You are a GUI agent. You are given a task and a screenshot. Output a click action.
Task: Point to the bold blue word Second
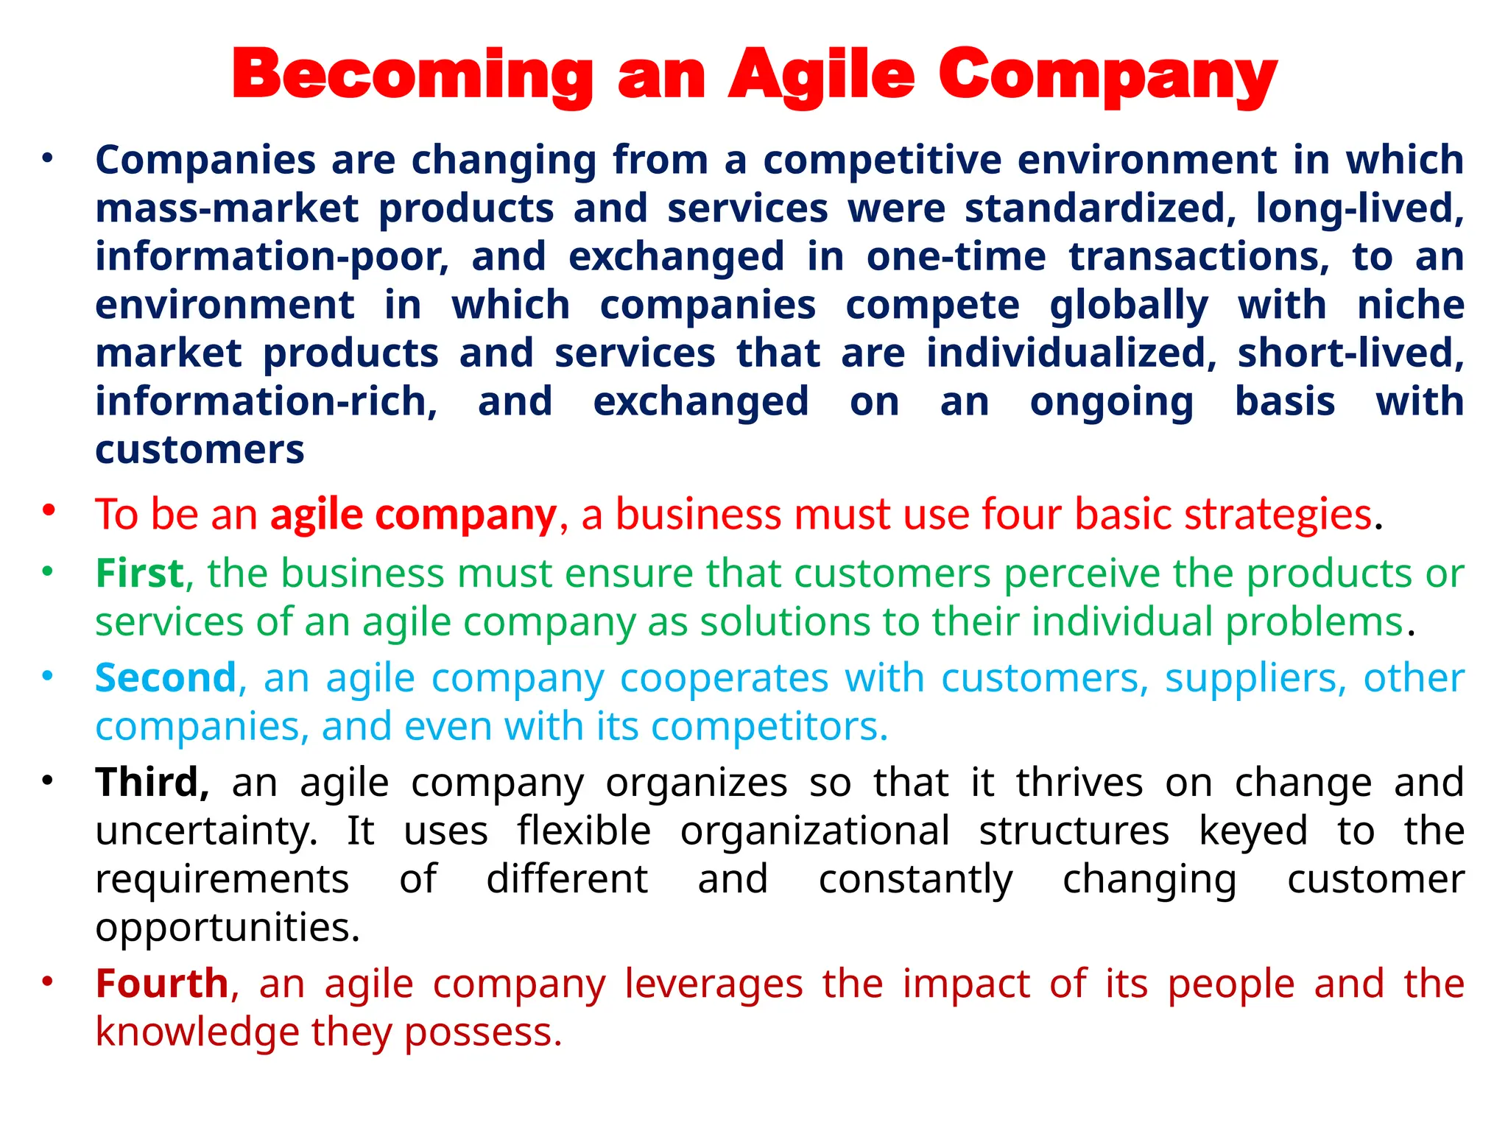click(x=166, y=677)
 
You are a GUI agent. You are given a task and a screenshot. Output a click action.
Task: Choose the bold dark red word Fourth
click(x=162, y=984)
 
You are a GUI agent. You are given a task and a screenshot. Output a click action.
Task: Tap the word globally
click(x=1129, y=306)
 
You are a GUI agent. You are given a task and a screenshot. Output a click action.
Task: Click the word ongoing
click(x=1111, y=403)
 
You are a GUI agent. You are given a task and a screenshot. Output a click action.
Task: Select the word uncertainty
click(x=207, y=831)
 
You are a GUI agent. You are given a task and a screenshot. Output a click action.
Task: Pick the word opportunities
click(x=228, y=928)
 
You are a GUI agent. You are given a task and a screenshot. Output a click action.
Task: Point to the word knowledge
click(x=197, y=1032)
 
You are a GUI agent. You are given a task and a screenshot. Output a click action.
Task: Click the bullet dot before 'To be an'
click(x=49, y=510)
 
